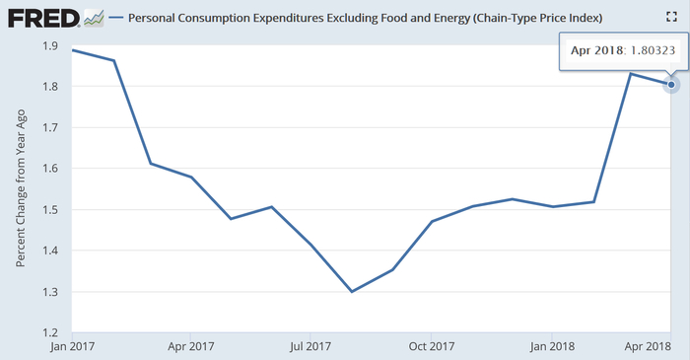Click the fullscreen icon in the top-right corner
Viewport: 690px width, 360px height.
point(672,18)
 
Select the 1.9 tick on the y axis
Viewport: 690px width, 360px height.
point(49,45)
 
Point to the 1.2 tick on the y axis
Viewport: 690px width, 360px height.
point(49,332)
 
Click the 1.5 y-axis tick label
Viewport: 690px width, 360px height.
point(49,209)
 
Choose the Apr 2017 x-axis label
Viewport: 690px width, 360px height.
point(191,346)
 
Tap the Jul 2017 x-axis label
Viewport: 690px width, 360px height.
point(310,346)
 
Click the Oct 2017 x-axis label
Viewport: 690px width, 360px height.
point(432,346)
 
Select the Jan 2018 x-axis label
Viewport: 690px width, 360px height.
point(552,346)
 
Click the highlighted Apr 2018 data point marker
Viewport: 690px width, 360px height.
point(671,85)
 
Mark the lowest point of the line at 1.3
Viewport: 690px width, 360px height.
point(352,291)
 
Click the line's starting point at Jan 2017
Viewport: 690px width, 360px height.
point(74,49)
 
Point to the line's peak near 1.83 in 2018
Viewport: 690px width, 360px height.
point(631,74)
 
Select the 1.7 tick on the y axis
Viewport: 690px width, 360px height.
point(49,127)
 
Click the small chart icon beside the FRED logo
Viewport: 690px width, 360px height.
point(94,18)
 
